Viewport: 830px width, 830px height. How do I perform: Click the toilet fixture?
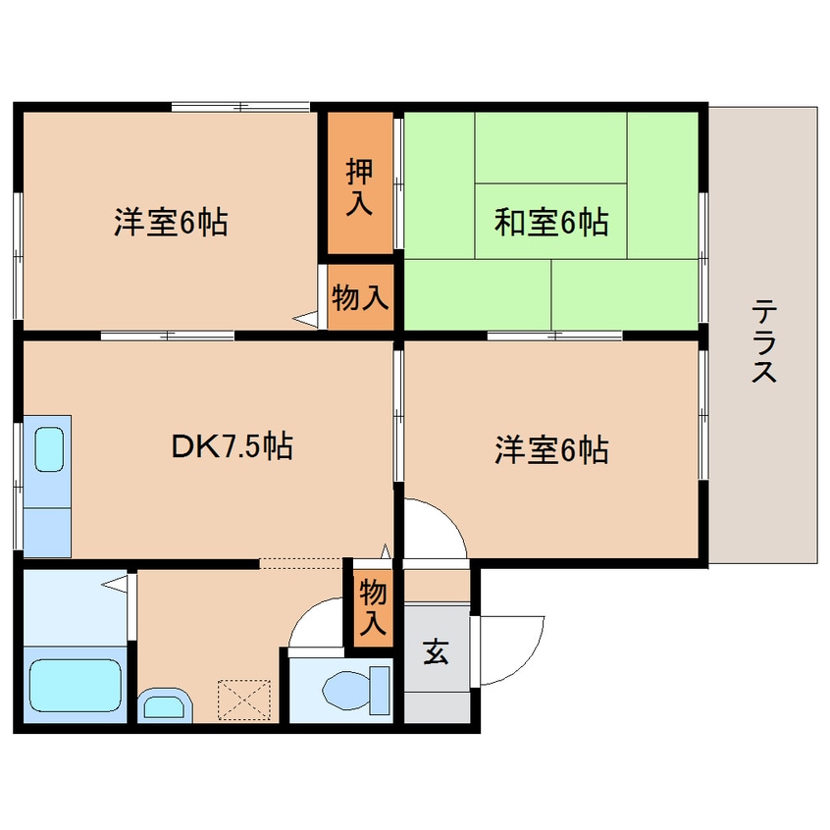355,690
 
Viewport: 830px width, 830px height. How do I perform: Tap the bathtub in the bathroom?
76,686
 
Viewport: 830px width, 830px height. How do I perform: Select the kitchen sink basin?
49,449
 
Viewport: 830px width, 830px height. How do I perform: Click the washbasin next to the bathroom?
165,705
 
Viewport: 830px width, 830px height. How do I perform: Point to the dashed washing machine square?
244,700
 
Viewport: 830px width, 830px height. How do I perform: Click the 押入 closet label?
359,186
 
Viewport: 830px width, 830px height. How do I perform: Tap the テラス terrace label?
764,341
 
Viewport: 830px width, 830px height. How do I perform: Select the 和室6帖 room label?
551,223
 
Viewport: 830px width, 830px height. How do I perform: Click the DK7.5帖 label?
232,446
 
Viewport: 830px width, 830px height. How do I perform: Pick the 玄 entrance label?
436,651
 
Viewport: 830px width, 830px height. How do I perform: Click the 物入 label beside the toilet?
373,607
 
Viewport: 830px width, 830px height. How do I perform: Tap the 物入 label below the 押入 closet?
360,297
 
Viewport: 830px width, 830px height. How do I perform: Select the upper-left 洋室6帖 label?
171,223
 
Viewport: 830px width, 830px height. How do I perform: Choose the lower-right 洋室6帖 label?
551,450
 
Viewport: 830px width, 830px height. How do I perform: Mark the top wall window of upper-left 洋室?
240,107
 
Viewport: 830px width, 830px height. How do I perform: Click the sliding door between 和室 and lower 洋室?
554,336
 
